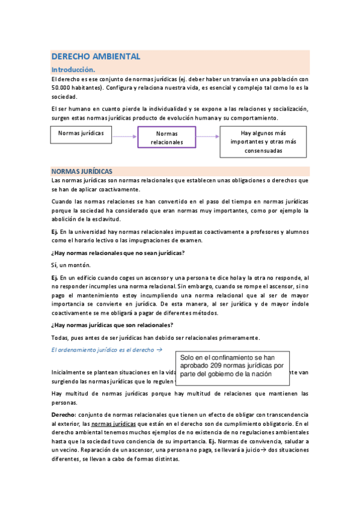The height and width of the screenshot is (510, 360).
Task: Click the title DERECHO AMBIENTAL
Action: click(x=96, y=57)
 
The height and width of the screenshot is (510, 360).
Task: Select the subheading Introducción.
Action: click(x=73, y=69)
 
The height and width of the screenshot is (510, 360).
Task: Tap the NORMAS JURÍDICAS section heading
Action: click(x=82, y=171)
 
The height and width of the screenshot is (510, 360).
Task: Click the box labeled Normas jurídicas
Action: click(x=81, y=133)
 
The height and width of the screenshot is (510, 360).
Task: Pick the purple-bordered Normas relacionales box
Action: click(x=166, y=138)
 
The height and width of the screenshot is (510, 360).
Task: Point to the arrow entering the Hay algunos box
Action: click(x=208, y=137)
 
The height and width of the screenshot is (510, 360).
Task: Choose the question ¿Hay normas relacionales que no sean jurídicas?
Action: click(x=118, y=252)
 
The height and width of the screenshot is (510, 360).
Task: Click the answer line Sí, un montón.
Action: click(x=71, y=265)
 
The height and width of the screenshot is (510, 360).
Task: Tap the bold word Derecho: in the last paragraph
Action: click(x=64, y=415)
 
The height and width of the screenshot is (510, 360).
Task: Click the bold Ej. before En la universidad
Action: click(x=55, y=232)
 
